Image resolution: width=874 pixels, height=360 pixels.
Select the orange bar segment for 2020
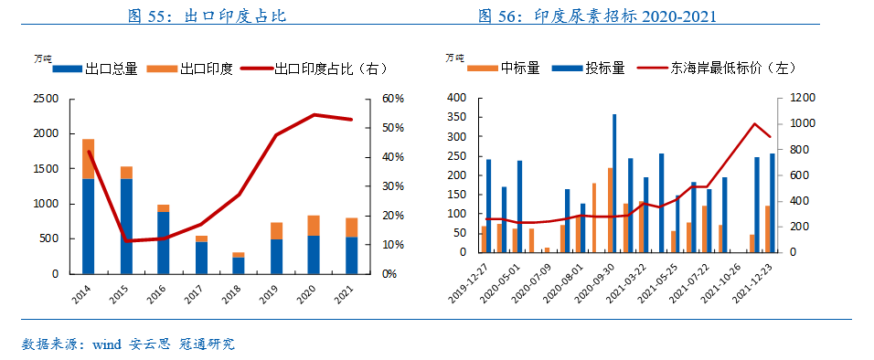tap(314, 226)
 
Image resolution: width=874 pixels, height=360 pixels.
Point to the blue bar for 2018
tap(238, 265)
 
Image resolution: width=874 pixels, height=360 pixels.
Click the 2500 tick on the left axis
tap(45, 98)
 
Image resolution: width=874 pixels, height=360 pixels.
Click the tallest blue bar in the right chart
tap(614, 183)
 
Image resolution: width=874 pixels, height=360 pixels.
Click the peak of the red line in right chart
tap(755, 123)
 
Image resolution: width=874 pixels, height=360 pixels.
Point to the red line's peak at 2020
tap(314, 114)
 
